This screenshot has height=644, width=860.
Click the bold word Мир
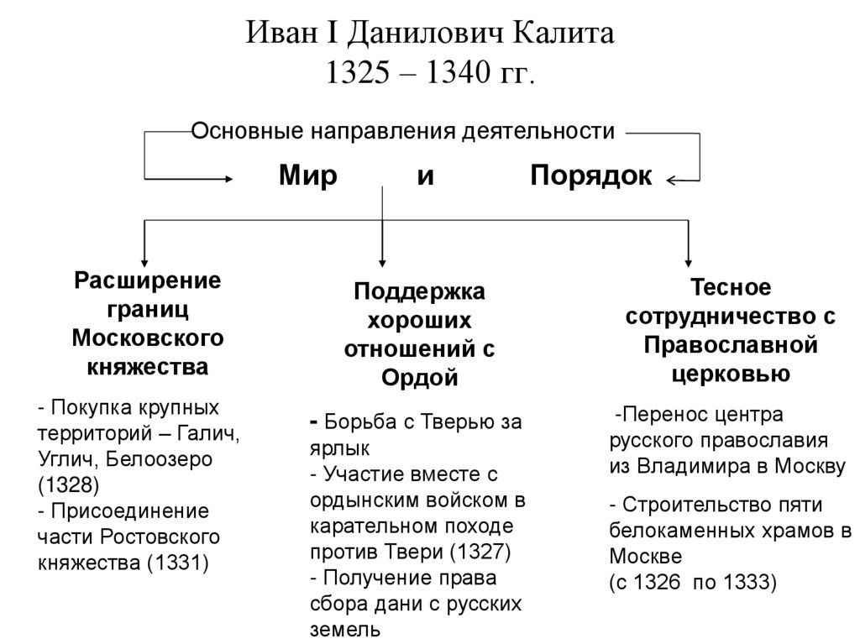pos(308,176)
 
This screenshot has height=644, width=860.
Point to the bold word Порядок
pos(591,176)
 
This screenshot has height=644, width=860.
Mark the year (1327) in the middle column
pos(480,552)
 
